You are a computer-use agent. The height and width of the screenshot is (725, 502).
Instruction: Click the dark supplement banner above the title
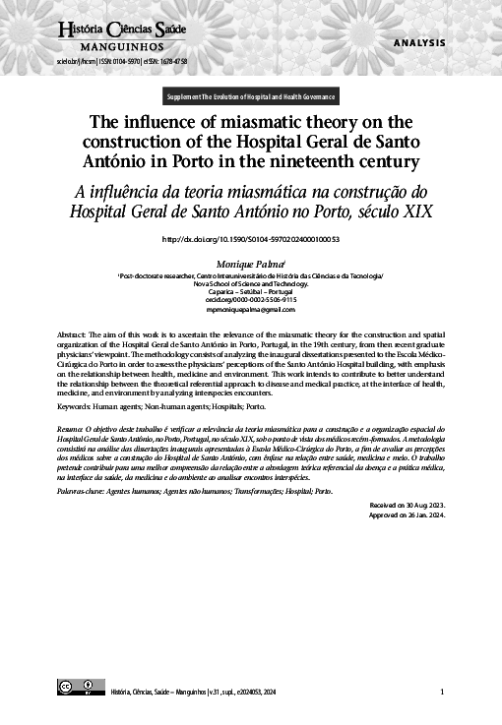click(251, 97)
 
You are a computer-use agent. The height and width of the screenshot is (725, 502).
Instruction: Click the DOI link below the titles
click(250, 239)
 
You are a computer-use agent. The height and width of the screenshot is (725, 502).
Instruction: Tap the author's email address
click(250, 310)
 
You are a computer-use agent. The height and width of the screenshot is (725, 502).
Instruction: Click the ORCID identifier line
click(250, 300)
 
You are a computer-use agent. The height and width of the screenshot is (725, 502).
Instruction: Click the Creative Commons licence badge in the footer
click(78, 686)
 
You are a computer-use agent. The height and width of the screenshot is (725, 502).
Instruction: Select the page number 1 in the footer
click(442, 692)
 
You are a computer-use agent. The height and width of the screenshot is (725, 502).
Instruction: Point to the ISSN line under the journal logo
click(122, 61)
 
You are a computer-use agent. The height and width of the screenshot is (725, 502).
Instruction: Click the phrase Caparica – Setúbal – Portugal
click(250, 292)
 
